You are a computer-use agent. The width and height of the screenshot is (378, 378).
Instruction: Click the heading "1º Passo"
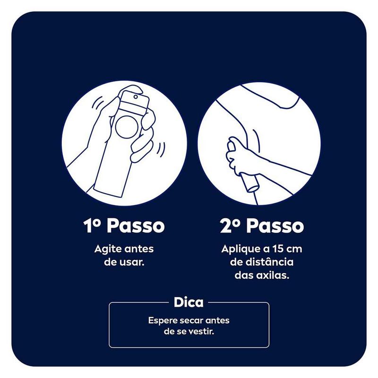(124, 226)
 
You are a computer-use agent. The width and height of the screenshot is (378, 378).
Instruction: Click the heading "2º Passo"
(262, 226)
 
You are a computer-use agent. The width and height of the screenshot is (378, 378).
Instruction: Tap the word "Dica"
(189, 302)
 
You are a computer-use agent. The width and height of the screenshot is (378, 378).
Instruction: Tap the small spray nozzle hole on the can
(136, 97)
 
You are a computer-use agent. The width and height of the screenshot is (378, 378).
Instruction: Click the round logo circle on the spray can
(127, 127)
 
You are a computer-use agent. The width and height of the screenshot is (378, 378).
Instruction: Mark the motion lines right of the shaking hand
(162, 148)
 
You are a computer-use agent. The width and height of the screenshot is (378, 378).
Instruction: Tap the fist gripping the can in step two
(238, 156)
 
